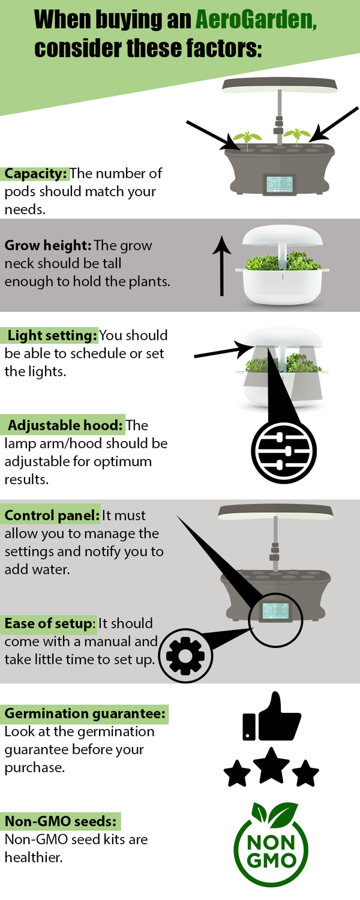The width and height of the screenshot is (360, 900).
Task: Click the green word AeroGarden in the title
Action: [256, 19]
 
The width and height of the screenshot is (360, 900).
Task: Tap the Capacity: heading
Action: [35, 173]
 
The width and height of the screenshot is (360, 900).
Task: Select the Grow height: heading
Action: [48, 245]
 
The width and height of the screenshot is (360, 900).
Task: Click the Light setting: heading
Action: [52, 335]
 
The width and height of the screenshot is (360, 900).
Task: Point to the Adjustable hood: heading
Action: [65, 425]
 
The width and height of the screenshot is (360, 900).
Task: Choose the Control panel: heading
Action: [52, 515]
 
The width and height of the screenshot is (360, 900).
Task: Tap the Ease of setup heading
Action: [48, 623]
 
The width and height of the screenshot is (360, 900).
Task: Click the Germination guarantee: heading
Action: [85, 713]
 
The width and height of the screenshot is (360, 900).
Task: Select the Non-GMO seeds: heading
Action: [60, 821]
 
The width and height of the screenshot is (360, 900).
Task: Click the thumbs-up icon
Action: [272, 717]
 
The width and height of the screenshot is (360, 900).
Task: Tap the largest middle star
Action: [272, 766]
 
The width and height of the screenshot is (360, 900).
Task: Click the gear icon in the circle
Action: [185, 655]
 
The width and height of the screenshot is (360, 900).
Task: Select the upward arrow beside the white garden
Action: [222, 266]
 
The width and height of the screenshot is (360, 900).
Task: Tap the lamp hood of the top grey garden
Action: [280, 86]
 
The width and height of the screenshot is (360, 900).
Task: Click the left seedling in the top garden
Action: [247, 140]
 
